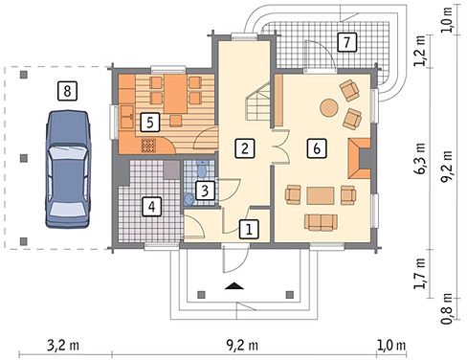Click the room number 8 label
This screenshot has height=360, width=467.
[67, 91]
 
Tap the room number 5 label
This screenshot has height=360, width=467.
[150, 123]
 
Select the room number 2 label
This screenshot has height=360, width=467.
[245, 148]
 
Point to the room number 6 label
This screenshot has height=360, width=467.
[317, 148]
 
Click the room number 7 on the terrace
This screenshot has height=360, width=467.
[346, 42]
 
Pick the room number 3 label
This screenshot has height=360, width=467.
[205, 191]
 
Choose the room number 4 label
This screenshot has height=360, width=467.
[151, 207]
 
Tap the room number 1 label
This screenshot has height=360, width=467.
[249, 229]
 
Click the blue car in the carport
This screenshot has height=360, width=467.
[67, 169]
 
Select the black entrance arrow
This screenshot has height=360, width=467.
[234, 286]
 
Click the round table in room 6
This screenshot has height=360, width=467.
[329, 107]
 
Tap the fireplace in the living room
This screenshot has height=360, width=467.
[360, 158]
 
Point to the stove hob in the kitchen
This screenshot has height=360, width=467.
[148, 146]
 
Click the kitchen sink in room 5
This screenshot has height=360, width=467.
[127, 117]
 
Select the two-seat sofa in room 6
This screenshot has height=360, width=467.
[321, 222]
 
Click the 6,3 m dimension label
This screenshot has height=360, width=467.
[420, 158]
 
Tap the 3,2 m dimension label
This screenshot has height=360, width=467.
[63, 346]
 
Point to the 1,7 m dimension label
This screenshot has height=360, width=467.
[420, 273]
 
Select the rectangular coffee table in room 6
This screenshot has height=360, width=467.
[321, 195]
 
